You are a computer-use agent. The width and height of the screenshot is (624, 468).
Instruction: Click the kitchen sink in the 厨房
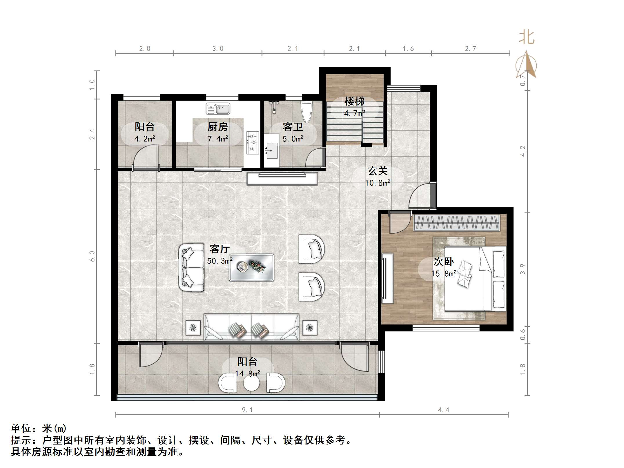point(218,109)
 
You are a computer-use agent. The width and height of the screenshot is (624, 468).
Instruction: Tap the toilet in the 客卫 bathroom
point(306,112)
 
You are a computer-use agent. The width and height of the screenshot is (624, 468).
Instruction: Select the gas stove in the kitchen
point(252,142)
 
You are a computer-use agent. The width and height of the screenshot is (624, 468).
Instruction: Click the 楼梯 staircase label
point(354,101)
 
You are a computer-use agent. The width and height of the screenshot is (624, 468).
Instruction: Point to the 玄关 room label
point(378,171)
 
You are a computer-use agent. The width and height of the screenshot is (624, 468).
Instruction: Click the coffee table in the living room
point(251,267)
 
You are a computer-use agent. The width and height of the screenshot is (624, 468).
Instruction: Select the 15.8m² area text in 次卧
point(444,273)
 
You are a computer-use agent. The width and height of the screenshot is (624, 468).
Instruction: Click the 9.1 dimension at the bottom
point(247,410)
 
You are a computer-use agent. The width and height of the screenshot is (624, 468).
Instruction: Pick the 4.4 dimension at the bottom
point(444,410)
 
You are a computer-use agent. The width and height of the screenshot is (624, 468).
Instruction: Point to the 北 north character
point(526,38)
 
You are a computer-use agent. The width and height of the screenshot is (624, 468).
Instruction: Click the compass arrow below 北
point(526,65)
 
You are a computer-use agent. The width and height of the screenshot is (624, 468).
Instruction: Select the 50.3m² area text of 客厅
point(220,261)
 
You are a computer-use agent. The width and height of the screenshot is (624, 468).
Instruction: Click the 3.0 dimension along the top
point(218,49)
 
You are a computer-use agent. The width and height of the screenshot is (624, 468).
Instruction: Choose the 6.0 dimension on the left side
point(92,256)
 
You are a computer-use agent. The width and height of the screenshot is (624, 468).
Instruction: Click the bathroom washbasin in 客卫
point(271,150)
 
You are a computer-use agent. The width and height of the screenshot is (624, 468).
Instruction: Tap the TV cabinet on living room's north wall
point(282,179)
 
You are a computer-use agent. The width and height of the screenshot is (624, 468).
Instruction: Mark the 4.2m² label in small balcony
point(145,139)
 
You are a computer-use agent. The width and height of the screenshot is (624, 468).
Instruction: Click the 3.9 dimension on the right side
point(523,269)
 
